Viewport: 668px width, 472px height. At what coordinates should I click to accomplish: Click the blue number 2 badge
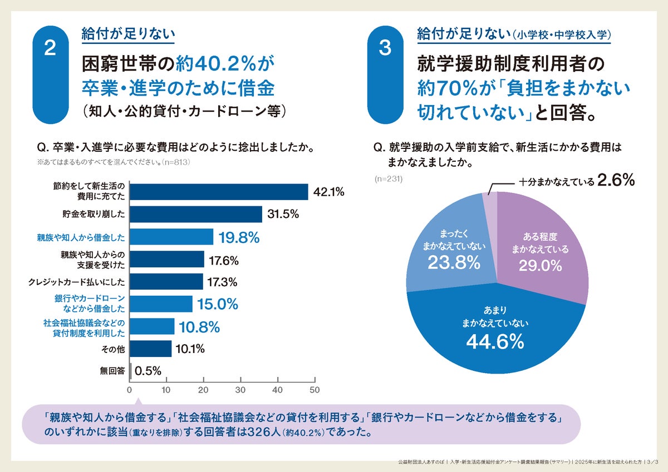tap(50, 49)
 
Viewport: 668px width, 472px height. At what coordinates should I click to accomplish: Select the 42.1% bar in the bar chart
tap(219, 192)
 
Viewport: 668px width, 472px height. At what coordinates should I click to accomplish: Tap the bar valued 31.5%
tap(196, 214)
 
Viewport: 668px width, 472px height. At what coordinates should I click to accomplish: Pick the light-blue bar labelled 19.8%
tap(171, 237)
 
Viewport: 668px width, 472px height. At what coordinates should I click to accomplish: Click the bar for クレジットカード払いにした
tap(166, 281)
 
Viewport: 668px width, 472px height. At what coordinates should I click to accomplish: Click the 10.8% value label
tap(199, 327)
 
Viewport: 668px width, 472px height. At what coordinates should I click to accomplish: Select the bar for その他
tap(151, 349)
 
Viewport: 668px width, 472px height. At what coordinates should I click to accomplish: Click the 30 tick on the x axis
tap(240, 390)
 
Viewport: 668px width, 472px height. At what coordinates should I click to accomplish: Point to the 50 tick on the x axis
tap(315, 390)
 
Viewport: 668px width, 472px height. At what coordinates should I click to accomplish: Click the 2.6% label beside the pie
tap(616, 180)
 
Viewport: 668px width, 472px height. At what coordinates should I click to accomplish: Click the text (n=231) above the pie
tap(388, 179)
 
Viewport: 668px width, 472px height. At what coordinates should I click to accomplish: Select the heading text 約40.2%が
tap(225, 66)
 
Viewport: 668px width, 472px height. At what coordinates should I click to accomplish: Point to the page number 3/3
tap(650, 462)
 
